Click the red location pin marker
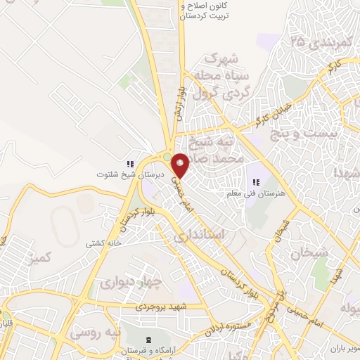[181, 165]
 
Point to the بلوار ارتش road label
[178, 102]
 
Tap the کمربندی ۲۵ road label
[320, 42]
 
